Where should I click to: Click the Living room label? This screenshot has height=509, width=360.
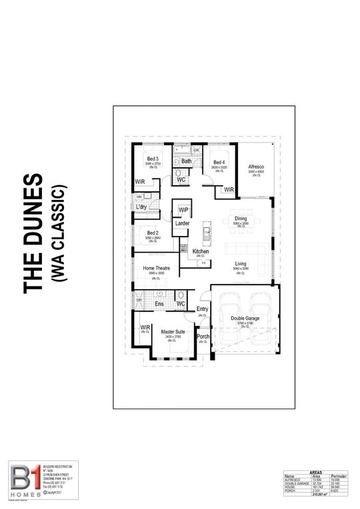[x=241, y=264]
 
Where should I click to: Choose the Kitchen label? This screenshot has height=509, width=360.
[x=201, y=252]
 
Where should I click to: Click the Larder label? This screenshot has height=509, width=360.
[x=183, y=223]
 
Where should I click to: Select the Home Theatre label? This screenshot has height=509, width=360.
[x=157, y=268]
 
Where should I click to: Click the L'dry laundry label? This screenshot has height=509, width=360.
[x=142, y=207]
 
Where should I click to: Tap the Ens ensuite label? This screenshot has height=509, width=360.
[x=159, y=304]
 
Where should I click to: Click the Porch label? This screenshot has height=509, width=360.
[x=203, y=336]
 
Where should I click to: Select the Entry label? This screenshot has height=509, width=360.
[x=203, y=309]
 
